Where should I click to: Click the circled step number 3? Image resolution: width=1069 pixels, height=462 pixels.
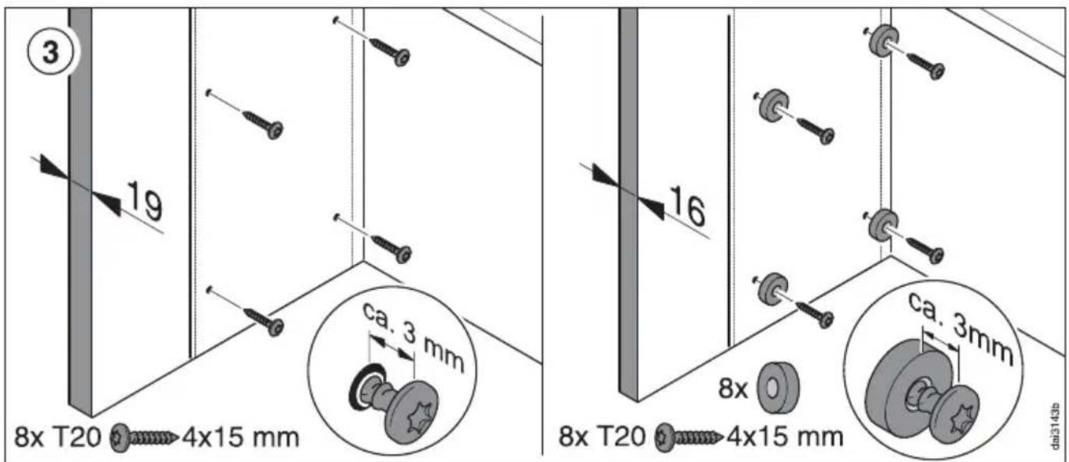[x=50, y=51]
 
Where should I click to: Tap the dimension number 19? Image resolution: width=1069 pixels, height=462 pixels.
[x=145, y=200]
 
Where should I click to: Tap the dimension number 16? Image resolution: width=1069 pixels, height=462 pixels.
[x=687, y=206]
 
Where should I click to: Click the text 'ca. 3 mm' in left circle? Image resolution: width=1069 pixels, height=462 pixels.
[x=413, y=337]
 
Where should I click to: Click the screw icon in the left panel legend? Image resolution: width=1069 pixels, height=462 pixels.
[x=143, y=437]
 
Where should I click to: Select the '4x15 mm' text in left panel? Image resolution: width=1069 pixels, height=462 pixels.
[x=241, y=437]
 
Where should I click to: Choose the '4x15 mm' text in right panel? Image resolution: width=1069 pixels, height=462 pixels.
[x=785, y=437]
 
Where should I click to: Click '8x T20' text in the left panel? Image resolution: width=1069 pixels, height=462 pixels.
[x=58, y=437]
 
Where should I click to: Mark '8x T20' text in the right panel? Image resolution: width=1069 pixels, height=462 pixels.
[x=603, y=437]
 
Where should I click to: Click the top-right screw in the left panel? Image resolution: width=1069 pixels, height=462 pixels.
[x=392, y=51]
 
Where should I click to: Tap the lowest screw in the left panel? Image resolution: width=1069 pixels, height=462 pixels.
[x=265, y=321]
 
